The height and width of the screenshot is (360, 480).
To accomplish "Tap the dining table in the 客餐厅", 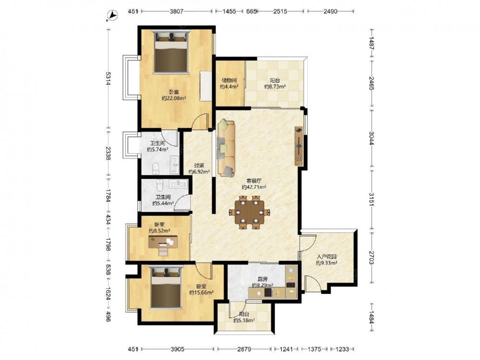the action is [x=249, y=212].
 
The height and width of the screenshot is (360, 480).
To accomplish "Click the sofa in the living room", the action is [x=226, y=148].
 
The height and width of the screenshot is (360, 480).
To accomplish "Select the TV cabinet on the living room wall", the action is [x=299, y=146].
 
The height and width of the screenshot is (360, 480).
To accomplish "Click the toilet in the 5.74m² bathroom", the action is [x=156, y=168].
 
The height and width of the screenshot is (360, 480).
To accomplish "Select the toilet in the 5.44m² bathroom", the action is [x=159, y=185].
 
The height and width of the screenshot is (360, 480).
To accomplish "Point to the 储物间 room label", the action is [x=229, y=81].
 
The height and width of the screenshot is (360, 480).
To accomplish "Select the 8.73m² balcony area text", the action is [x=275, y=86].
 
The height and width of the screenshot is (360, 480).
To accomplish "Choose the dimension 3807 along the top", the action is [x=177, y=12].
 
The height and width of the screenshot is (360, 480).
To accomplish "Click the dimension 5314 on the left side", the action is [x=108, y=78].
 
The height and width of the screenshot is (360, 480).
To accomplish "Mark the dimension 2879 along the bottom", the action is [x=244, y=348].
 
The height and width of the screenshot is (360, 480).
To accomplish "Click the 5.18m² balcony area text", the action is [x=244, y=320].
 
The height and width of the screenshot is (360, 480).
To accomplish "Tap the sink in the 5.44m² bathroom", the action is [x=178, y=184].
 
